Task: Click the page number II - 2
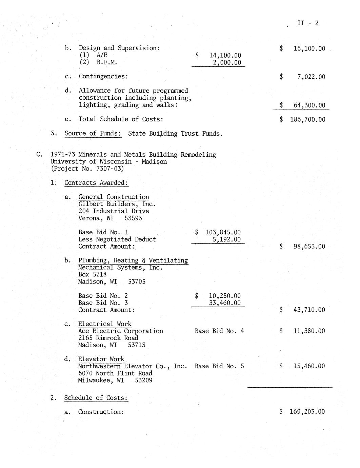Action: pos(308,23)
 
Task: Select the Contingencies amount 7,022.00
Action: pos(311,77)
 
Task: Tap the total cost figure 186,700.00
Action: pos(307,119)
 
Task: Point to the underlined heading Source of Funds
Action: pos(93,133)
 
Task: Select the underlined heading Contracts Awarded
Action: pos(96,183)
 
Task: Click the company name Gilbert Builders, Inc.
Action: pos(117,204)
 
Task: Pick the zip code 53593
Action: pos(133,218)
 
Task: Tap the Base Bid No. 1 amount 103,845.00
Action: pos(223,232)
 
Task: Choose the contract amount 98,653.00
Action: pos(309,246)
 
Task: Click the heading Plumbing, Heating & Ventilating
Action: pos(133,260)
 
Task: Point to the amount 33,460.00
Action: pos(225,303)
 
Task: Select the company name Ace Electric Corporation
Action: pos(120,331)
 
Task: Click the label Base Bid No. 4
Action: pos(219,331)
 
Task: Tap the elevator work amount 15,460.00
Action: pos(309,366)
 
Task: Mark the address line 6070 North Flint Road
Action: pos(115,373)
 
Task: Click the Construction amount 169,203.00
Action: pos(307,412)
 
